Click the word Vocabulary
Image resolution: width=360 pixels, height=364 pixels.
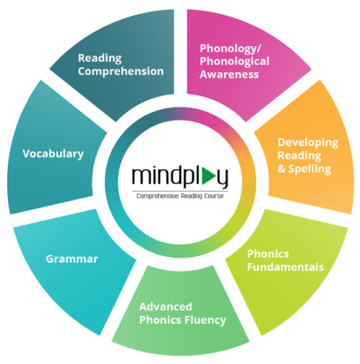tap(53, 154)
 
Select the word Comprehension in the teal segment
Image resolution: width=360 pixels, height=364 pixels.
tap(121, 71)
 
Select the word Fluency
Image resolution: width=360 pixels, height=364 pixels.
tap(205, 320)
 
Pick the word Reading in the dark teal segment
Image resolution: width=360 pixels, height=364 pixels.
tap(99, 58)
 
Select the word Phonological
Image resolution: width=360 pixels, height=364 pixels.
tap(234, 62)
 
